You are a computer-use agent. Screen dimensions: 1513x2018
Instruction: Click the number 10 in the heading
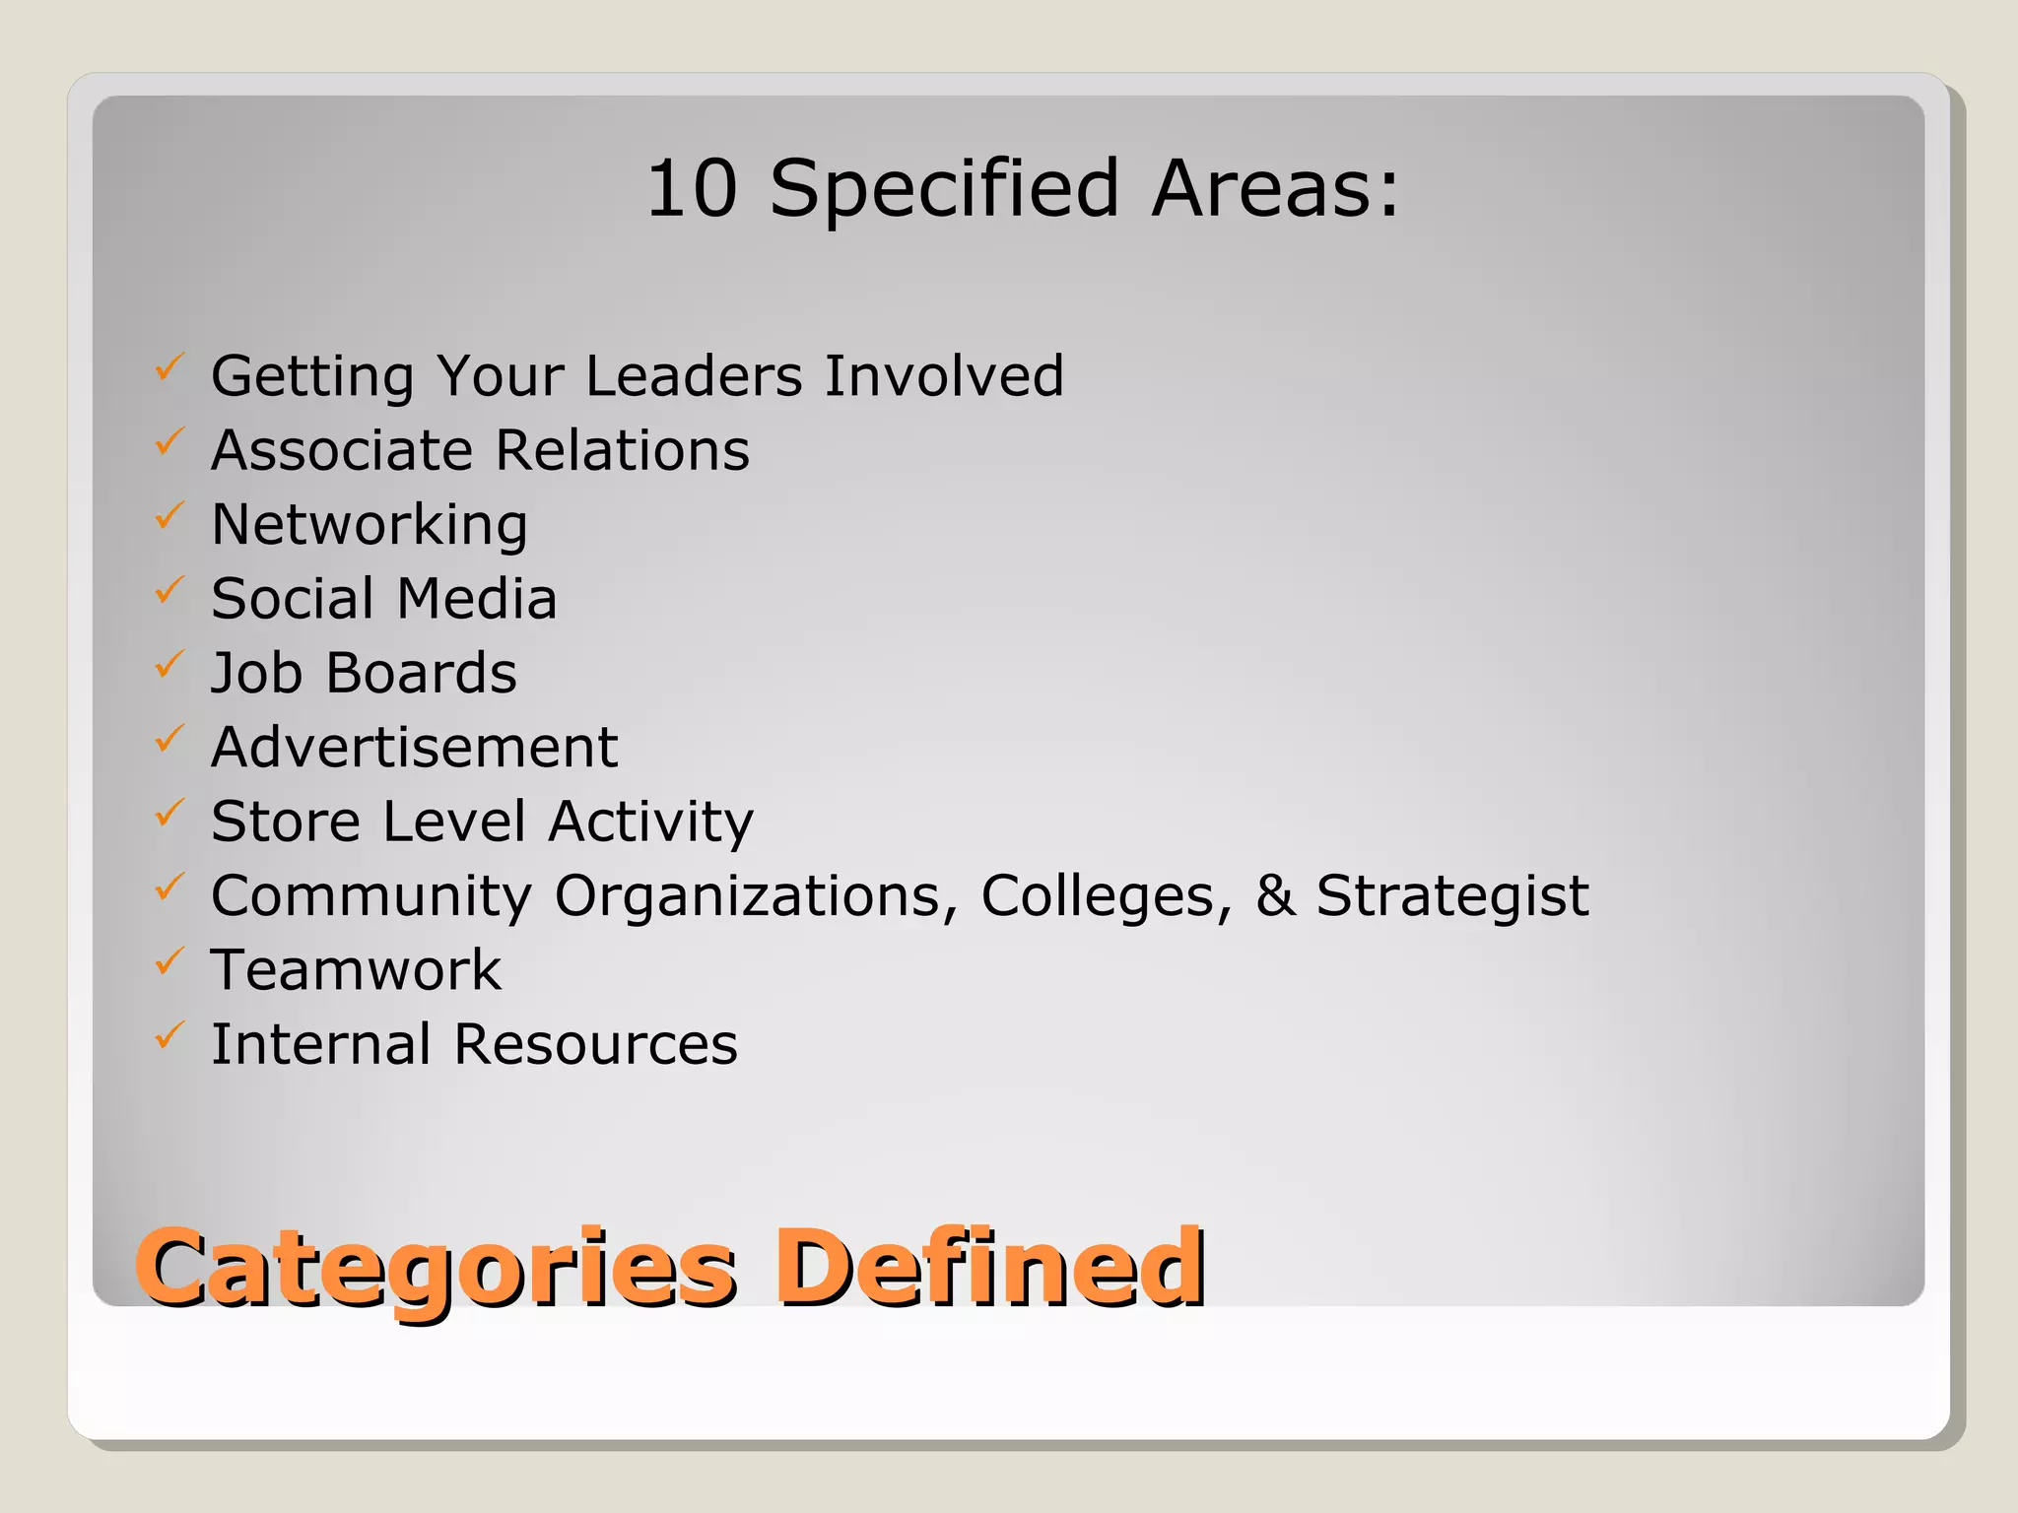click(692, 188)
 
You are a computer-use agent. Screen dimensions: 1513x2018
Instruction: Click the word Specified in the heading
click(944, 190)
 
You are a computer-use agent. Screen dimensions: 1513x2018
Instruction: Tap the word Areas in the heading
click(1274, 188)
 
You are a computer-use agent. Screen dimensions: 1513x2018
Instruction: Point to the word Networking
click(370, 525)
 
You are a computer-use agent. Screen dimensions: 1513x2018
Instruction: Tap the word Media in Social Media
click(477, 599)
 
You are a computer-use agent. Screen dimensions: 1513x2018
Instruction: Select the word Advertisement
click(415, 748)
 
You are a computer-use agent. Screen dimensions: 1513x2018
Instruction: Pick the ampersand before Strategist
click(1274, 895)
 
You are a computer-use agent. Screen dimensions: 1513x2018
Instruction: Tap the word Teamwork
click(357, 970)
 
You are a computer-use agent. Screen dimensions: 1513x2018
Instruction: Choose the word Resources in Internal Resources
click(595, 1044)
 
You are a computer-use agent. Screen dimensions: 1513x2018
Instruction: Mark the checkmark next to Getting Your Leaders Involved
click(169, 368)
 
